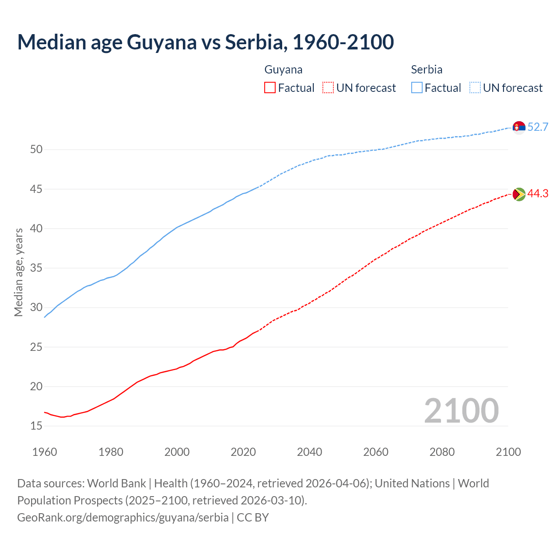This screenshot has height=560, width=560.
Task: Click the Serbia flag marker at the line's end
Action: point(519,127)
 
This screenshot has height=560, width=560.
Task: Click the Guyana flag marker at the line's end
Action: point(519,194)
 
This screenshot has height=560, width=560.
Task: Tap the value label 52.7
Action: point(538,127)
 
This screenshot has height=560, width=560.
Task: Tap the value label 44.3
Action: point(538,194)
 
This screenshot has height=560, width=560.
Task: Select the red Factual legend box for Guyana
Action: point(270,88)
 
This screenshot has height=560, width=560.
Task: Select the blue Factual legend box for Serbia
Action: point(417,88)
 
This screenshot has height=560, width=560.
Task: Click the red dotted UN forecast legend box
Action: point(328,88)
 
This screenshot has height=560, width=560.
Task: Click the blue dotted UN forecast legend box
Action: point(475,88)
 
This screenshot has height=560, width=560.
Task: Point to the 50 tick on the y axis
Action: point(36,150)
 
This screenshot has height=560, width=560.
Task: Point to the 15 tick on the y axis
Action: point(36,426)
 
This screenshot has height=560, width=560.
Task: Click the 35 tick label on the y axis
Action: point(36,268)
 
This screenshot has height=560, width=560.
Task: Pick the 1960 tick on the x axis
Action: point(45,452)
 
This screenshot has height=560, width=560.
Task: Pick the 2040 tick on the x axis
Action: point(309,452)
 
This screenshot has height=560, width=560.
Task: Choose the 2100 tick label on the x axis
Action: point(508,452)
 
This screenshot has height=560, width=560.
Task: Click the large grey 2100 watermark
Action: point(461,410)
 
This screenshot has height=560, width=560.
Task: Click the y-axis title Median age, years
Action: point(18,272)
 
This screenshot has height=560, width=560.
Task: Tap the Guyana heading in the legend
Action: point(283,70)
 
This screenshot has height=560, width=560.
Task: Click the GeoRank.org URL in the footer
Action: point(123,518)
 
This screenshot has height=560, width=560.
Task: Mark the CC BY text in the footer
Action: point(253,518)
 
